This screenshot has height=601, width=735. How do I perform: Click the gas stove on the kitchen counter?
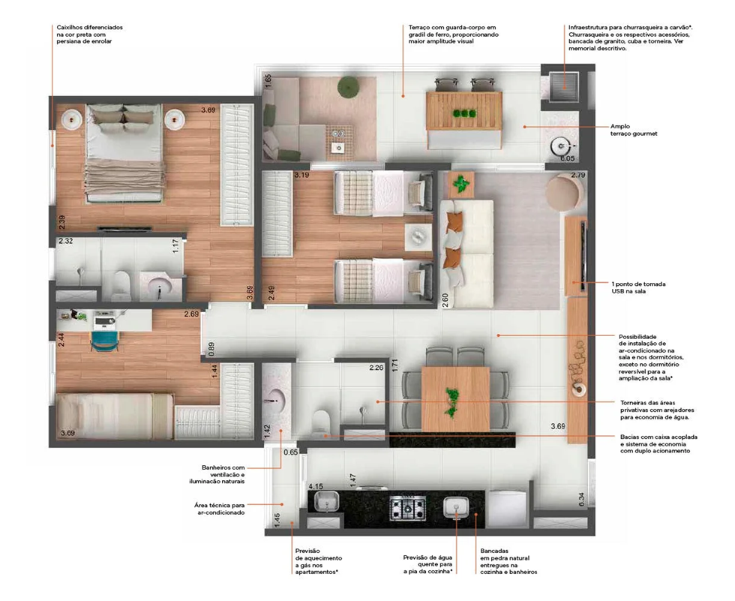[x=408, y=507]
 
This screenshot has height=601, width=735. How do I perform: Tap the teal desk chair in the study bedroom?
[x=104, y=341]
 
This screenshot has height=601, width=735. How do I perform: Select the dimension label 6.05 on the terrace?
[x=567, y=158]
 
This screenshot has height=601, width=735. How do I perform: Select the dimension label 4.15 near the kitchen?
[x=316, y=487]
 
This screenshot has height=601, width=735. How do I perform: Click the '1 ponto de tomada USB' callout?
[x=638, y=287]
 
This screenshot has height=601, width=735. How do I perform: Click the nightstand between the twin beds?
[x=418, y=237]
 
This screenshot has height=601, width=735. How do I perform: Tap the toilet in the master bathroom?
[x=121, y=286]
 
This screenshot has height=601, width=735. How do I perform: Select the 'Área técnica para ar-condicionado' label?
[x=219, y=509]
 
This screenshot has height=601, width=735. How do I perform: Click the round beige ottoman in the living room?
[x=565, y=192]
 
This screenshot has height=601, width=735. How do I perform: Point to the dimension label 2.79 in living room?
[x=578, y=175]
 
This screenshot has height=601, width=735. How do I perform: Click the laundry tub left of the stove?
[x=326, y=502]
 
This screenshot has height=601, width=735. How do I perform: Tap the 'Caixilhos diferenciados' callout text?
[x=89, y=35]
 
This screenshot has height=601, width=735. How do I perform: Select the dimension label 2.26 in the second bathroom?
[x=376, y=368]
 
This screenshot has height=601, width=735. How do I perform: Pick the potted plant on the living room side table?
[x=461, y=183]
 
